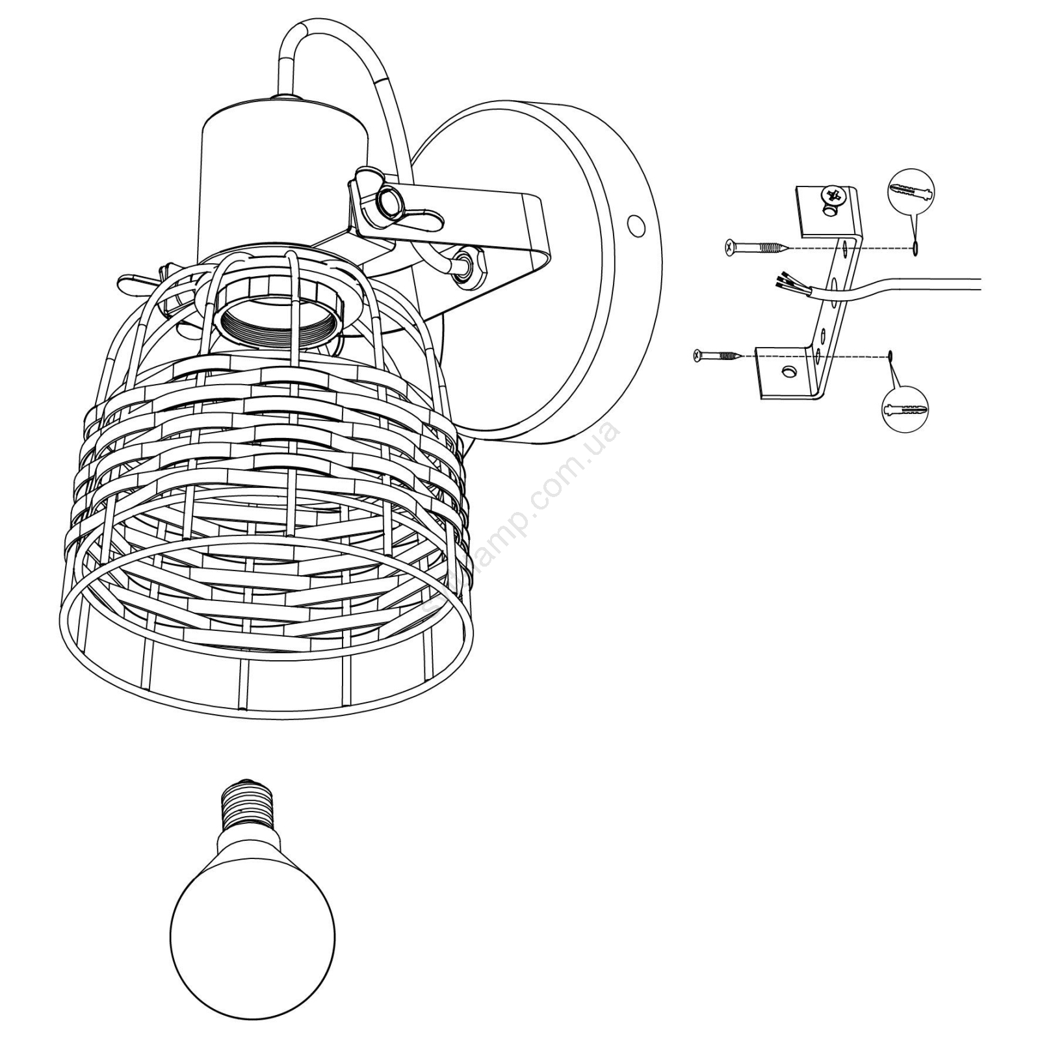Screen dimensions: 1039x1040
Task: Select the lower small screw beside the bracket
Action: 716,355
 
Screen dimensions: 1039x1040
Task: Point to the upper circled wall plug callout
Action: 910,192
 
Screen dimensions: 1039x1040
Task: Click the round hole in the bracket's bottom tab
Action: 789,370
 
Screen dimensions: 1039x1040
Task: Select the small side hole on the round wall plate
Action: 636,225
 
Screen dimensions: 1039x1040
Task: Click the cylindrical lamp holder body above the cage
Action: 283,175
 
